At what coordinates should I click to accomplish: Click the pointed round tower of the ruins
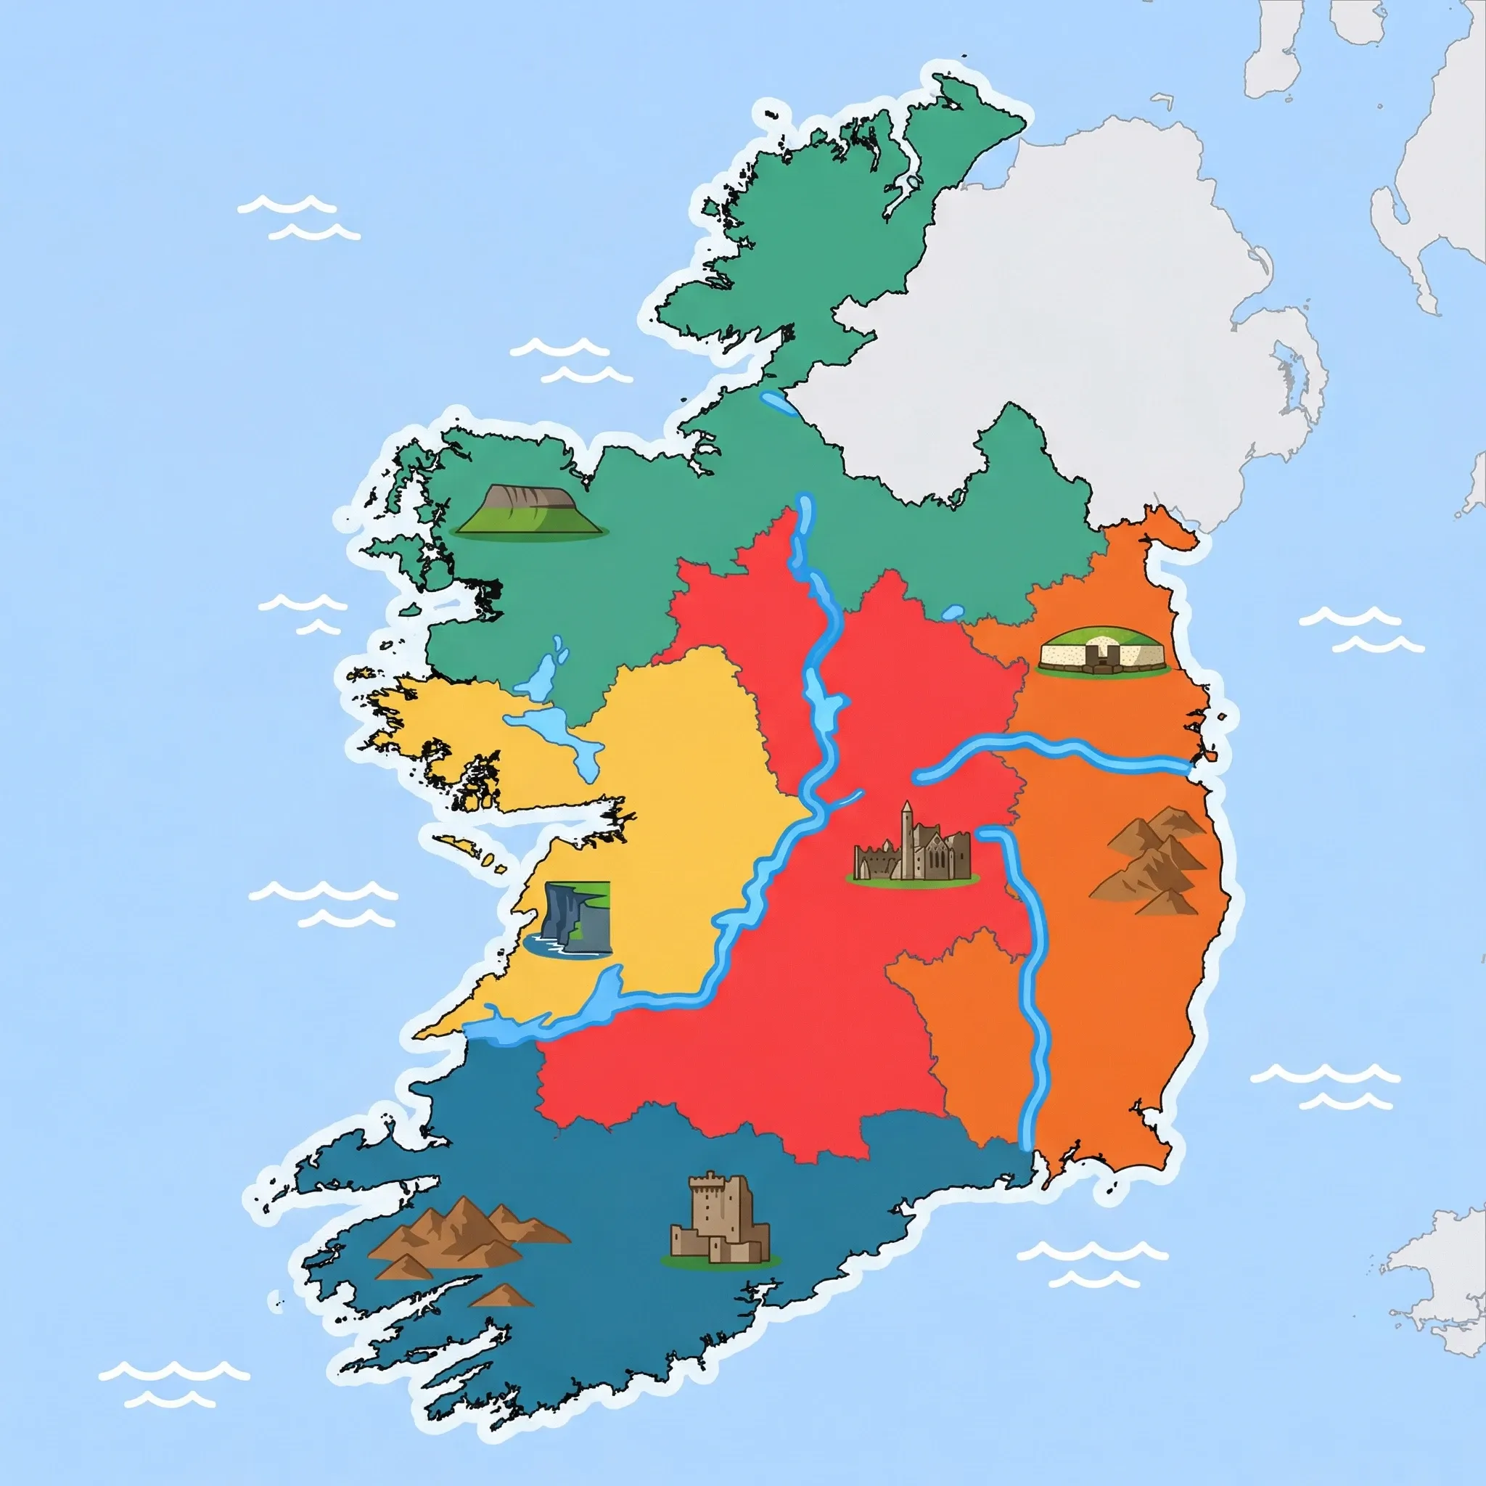(908, 827)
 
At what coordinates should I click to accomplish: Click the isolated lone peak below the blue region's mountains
(501, 1298)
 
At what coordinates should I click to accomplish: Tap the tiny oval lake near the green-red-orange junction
(952, 613)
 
